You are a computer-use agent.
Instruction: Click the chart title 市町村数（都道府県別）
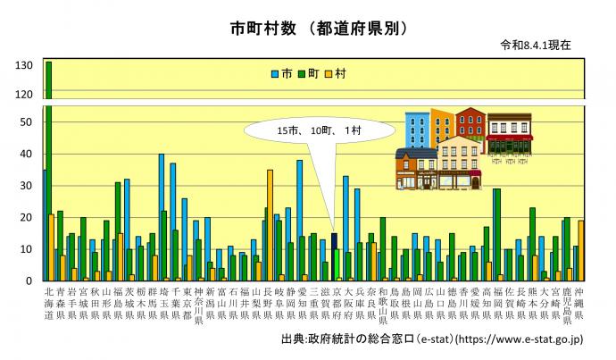319,29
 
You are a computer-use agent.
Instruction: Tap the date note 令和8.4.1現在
536,46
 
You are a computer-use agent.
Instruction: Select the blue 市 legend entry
282,73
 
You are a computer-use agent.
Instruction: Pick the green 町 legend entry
309,73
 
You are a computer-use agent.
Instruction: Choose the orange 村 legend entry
336,73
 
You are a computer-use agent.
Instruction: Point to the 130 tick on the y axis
24,65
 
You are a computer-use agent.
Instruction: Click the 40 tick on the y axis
26,154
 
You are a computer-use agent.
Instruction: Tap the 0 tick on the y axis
29,280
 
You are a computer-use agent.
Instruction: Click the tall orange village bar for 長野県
270,225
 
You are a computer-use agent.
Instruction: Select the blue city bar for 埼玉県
162,217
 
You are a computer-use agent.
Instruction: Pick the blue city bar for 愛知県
299,221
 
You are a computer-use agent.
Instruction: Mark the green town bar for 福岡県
497,235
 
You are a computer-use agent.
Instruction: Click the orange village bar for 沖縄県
580,251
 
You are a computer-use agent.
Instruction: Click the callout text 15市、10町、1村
319,130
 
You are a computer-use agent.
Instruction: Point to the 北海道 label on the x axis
49,304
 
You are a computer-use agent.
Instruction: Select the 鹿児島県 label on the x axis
567,306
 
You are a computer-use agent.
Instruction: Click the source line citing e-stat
432,339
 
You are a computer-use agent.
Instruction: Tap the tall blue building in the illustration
418,130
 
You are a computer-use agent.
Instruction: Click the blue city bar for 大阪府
345,229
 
